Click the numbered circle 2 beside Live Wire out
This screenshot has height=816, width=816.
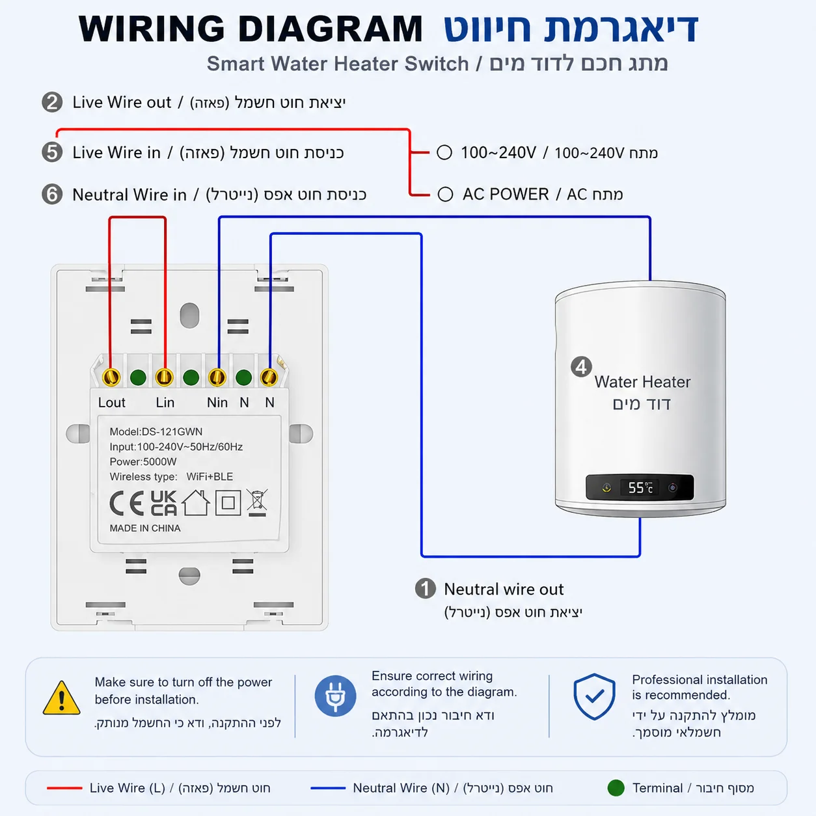[52, 102]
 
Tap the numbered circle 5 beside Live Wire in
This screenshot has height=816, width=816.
[52, 152]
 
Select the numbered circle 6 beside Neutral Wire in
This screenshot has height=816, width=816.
[52, 195]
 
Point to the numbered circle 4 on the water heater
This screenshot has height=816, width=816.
[581, 367]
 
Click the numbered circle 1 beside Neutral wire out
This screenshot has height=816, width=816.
[425, 589]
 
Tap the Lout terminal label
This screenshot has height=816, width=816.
[111, 402]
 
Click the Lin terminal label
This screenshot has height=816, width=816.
[165, 402]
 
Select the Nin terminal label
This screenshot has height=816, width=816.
[217, 402]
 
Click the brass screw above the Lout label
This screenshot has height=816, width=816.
[111, 377]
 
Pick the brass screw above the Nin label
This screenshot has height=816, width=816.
[217, 377]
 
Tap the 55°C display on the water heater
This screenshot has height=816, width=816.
[640, 487]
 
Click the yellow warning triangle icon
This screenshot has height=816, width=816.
[61, 698]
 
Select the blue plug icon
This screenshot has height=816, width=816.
[335, 696]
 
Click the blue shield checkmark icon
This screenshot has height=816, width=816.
[594, 696]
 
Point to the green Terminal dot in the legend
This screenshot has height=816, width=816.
[616, 787]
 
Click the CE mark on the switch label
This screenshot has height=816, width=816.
[126, 504]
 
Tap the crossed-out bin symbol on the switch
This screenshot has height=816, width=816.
[258, 502]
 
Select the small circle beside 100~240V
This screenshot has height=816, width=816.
[444, 152]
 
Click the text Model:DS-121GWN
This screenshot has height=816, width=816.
[156, 431]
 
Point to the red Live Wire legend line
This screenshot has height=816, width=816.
[64, 788]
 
